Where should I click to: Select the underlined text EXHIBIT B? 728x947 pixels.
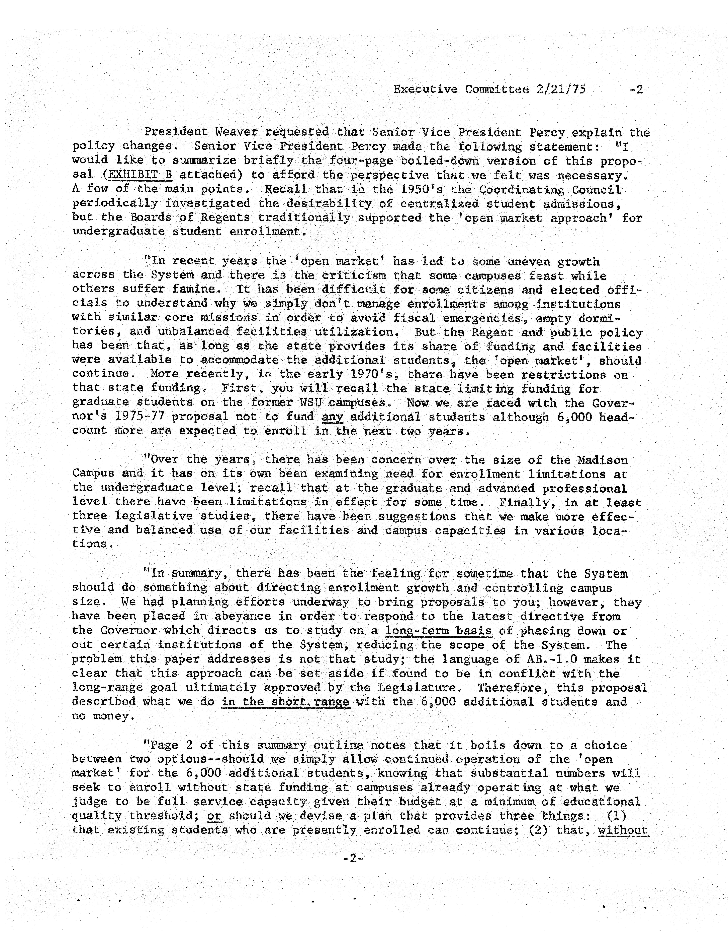pyautogui.click(x=140, y=175)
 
